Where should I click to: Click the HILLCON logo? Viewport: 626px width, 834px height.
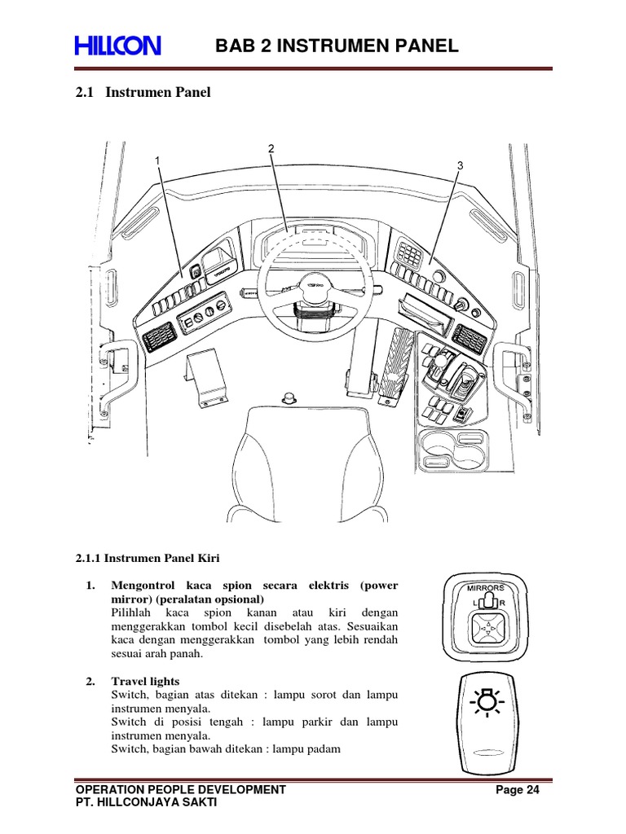118,46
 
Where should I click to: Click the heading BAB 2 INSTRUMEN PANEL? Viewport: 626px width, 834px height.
337,46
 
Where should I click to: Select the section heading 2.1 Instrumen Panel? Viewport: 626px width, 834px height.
143,93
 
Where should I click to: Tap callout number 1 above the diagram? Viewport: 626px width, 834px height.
157,161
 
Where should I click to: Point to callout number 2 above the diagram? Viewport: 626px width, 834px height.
271,148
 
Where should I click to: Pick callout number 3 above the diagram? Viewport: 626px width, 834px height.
460,165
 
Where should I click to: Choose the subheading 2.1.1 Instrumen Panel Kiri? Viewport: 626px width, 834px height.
148,558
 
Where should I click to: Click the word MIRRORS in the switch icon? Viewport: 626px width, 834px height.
486,586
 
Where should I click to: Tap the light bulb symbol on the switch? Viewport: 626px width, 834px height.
487,701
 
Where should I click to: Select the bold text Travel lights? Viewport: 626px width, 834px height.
145,681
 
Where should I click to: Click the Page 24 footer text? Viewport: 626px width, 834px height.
518,789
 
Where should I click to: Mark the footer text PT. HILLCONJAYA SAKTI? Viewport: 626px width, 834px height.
146,802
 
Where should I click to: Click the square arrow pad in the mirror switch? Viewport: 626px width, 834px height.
486,629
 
